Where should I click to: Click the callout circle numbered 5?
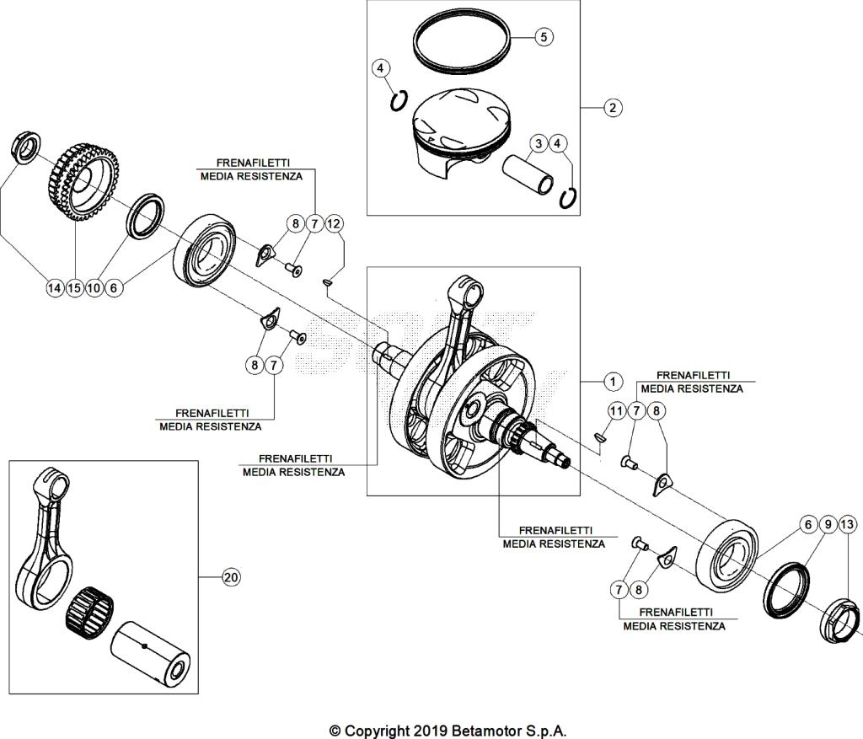tap(544, 37)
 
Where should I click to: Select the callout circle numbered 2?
tap(613, 107)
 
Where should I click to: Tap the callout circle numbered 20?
tap(230, 577)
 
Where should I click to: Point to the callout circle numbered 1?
tap(613, 381)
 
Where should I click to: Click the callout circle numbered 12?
tap(335, 223)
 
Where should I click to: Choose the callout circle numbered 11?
tap(618, 410)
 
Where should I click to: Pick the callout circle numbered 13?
tap(848, 524)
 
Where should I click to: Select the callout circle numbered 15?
tap(74, 288)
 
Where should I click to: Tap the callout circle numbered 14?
tap(54, 288)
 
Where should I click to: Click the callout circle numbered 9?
tap(828, 524)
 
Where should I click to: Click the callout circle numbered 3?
tap(537, 144)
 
